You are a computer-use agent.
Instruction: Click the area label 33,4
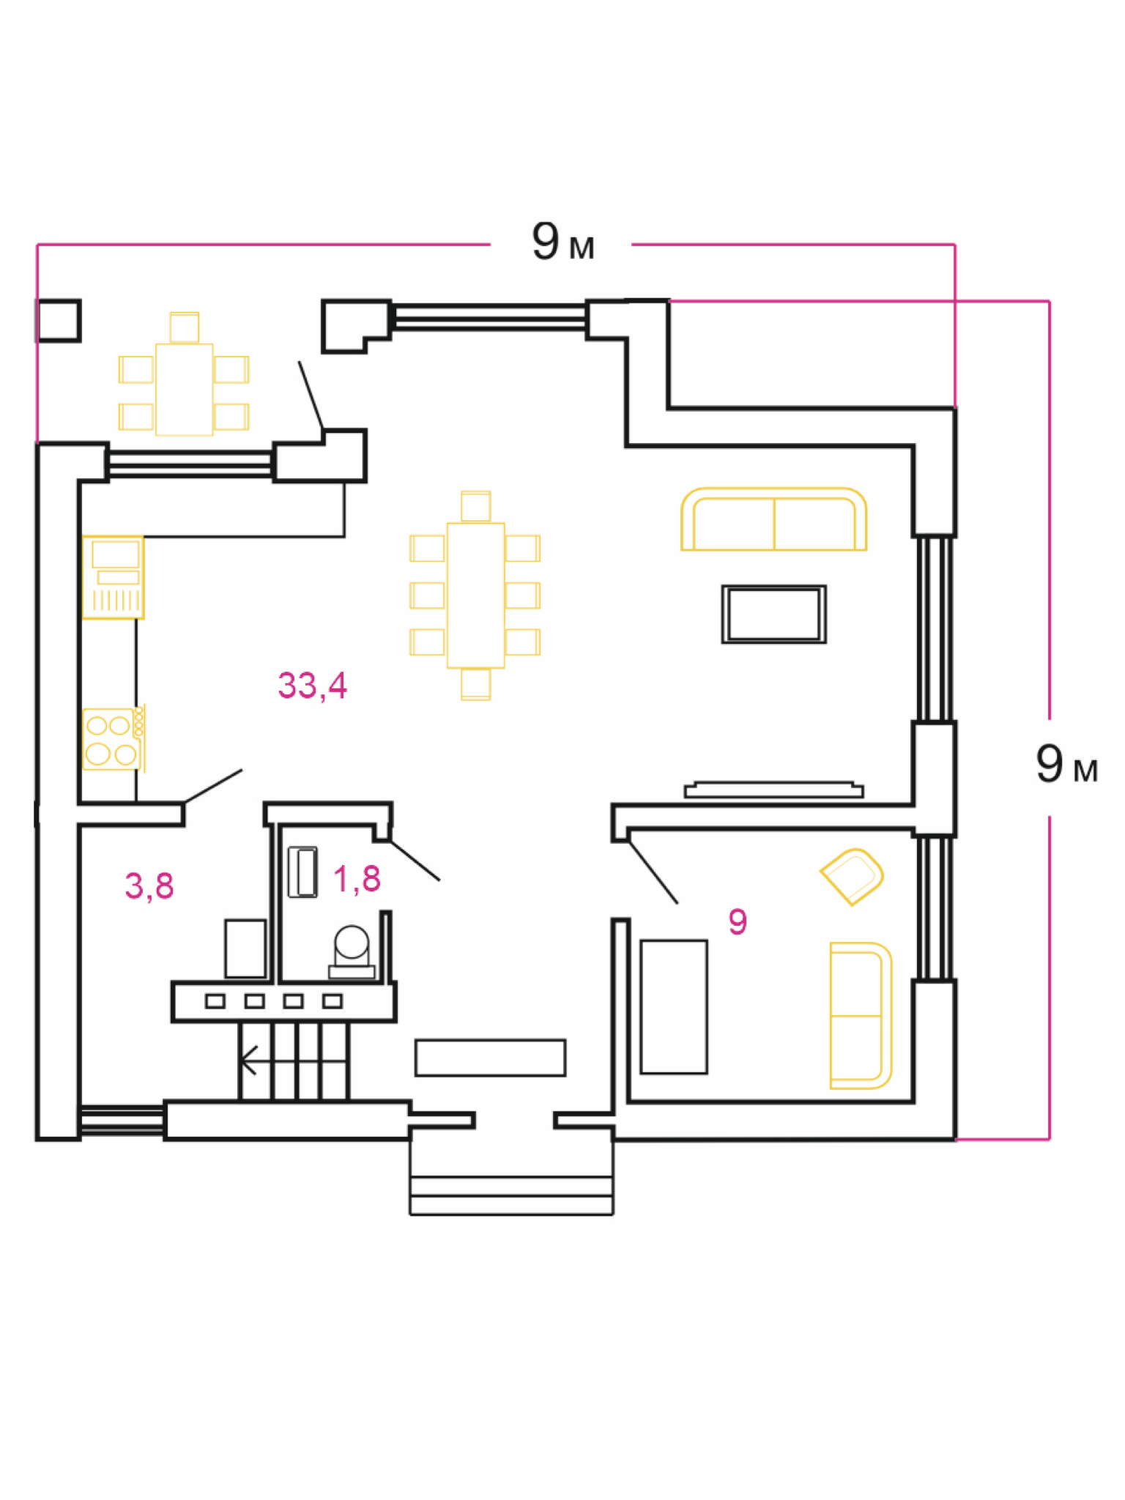(312, 686)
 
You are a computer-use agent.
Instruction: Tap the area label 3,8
(149, 885)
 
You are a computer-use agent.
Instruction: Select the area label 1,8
(357, 879)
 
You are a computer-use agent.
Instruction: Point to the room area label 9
(738, 921)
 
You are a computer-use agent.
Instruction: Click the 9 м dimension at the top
(562, 242)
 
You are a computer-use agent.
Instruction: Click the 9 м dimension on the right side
(1066, 765)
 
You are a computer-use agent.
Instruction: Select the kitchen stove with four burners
(111, 738)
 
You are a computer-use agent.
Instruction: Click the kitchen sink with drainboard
(113, 577)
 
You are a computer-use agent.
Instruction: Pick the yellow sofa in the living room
(773, 519)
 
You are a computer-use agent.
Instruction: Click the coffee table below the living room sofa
(773, 614)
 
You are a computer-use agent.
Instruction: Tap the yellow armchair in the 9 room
(852, 876)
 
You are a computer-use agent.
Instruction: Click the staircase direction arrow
(249, 1060)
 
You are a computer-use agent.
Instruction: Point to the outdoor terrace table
(184, 389)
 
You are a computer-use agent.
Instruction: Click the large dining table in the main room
(475, 595)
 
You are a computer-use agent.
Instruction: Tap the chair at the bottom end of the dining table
(475, 685)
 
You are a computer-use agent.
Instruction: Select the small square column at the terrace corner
(59, 321)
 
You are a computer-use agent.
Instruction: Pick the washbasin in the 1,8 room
(302, 872)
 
